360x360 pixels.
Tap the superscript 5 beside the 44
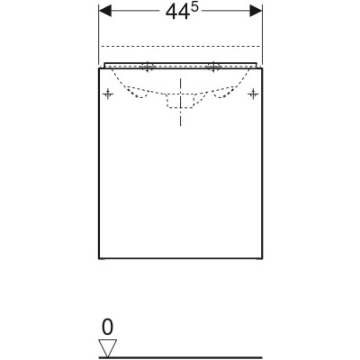(x=194, y=8)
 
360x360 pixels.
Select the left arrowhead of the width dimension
(x=105, y=12)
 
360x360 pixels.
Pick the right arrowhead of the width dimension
(x=256, y=12)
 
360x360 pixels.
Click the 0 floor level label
(x=108, y=327)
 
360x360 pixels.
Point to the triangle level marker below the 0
(x=108, y=348)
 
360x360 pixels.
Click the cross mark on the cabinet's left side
(x=108, y=94)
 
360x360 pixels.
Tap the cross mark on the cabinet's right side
(x=253, y=94)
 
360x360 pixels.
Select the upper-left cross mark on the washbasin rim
(x=148, y=67)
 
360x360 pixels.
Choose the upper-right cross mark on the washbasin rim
(x=213, y=67)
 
